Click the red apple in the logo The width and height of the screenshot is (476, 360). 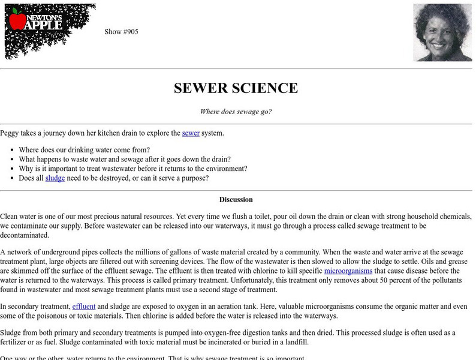point(17,21)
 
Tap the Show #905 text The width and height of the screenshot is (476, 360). point(121,32)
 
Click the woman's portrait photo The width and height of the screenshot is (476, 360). point(442,32)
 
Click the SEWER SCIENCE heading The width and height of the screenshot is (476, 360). point(236,88)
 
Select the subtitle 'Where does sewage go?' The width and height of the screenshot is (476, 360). point(236,112)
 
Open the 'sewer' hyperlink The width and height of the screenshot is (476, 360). point(191,133)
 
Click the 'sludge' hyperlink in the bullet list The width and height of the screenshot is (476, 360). point(55,178)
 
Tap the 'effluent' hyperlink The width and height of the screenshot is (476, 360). point(83,307)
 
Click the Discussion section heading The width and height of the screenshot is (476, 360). point(236,200)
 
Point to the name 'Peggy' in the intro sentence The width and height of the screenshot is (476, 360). point(10,133)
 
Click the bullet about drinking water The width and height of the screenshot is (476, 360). point(84,149)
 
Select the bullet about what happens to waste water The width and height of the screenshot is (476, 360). point(125,159)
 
